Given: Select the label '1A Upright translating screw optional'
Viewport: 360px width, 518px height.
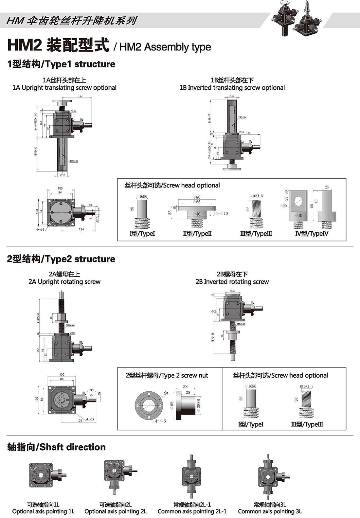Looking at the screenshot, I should (x=64, y=88).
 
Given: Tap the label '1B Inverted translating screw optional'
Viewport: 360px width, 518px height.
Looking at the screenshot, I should (x=232, y=88).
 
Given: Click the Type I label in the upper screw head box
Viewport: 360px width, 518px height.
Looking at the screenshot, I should (x=142, y=234).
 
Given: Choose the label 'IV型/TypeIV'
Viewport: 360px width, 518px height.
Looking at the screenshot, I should (x=311, y=234).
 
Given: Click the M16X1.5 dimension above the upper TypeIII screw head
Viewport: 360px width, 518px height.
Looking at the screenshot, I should (x=257, y=196).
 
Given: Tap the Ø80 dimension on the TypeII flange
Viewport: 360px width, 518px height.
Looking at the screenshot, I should (x=196, y=197).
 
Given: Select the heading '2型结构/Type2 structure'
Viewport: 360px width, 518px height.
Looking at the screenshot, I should (x=61, y=259).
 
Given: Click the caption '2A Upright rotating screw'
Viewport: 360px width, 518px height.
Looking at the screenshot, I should (x=64, y=282).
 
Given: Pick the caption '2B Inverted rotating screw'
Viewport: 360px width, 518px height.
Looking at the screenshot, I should (x=232, y=282).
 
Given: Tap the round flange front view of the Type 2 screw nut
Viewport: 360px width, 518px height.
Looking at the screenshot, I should (x=149, y=405).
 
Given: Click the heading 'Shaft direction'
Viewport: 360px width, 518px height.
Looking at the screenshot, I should (x=56, y=447).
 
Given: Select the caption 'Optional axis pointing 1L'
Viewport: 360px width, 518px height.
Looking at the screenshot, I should (x=43, y=511).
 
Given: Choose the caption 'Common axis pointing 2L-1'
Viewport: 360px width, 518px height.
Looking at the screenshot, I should (x=192, y=511).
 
